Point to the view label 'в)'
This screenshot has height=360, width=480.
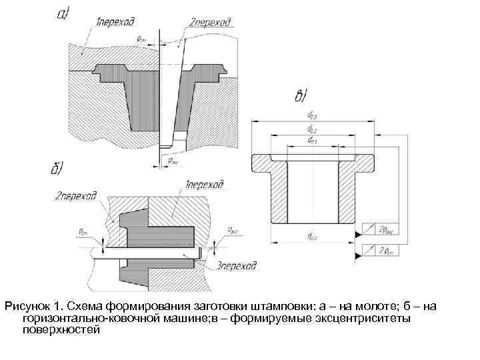[301, 97]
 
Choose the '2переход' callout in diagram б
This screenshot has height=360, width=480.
[76, 196]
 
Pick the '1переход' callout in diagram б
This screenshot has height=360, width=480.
[204, 184]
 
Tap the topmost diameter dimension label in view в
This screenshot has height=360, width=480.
[312, 117]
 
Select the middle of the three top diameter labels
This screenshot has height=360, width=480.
[311, 129]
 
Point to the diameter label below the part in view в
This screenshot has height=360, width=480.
[311, 236]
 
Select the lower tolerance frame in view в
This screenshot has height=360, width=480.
[385, 251]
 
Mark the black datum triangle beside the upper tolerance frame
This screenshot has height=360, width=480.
[359, 234]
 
